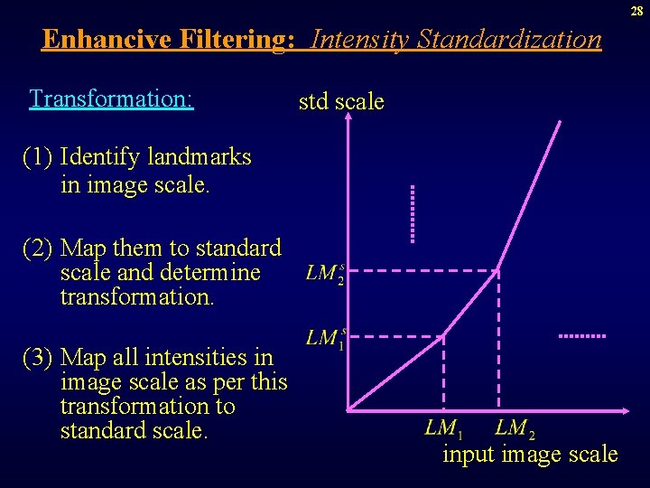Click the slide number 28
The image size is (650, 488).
coord(636,11)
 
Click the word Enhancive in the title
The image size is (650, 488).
coord(102,40)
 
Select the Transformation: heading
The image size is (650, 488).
coord(111,98)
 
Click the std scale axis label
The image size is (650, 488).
coord(341,102)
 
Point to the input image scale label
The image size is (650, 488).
coord(530,454)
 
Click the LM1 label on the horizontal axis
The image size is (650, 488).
coord(443,427)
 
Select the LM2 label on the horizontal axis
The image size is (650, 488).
coord(515,427)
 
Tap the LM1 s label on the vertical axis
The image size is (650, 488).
coord(326,338)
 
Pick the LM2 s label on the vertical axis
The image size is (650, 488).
coord(325,273)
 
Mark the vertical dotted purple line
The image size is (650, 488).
coord(413,213)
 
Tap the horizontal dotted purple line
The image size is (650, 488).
coord(581,335)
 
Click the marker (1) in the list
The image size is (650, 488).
coord(38,157)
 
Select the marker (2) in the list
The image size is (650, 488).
coord(38,248)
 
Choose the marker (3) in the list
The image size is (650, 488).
coord(38,358)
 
